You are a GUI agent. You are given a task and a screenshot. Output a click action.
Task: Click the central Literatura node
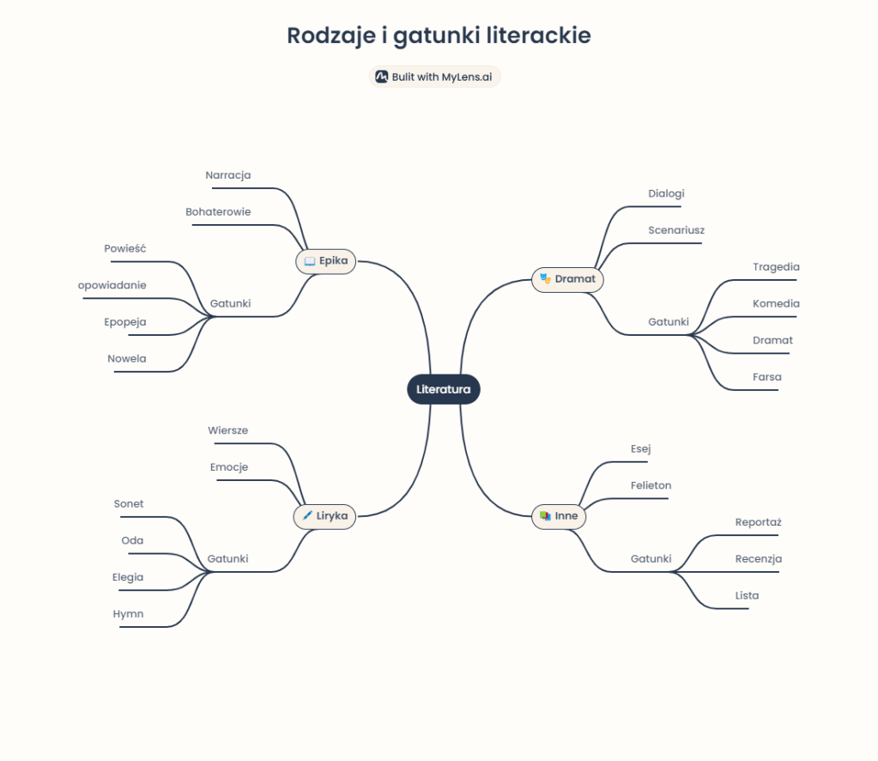443,389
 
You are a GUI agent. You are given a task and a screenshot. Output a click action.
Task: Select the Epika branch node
325,261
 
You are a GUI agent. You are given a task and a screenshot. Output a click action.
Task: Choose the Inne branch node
559,516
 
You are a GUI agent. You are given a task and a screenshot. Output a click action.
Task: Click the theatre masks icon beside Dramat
545,279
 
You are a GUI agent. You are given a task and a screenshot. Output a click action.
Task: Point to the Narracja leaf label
228,175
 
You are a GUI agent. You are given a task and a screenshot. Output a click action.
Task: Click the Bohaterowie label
218,211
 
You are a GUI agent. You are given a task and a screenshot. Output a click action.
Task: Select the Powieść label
125,248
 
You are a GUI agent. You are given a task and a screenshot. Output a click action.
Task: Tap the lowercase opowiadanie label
112,285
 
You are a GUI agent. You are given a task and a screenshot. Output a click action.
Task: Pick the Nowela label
127,358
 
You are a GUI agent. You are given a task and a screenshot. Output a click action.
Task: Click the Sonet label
129,504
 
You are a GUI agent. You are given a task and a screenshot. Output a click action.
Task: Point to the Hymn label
128,614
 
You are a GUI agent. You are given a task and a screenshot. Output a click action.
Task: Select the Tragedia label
776,267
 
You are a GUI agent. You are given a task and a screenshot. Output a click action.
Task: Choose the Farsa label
767,377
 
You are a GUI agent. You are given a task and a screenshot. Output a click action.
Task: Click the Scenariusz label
676,230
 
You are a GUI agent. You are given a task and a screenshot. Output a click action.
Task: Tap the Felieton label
651,485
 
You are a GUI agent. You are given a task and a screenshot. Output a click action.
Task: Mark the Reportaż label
758,522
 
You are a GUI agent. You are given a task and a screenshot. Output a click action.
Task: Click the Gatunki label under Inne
651,559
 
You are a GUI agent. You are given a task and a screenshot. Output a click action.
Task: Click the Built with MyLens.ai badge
434,76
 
